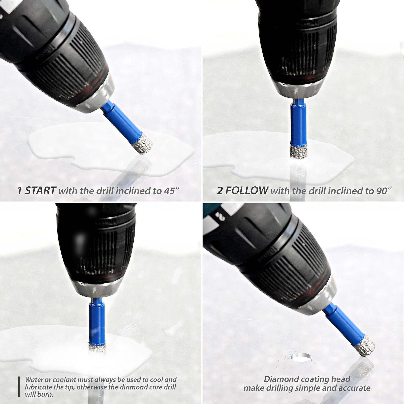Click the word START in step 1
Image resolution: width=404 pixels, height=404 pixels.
40,190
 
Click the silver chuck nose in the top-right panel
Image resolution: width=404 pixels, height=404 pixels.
299,90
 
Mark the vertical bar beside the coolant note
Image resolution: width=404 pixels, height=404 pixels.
19,387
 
